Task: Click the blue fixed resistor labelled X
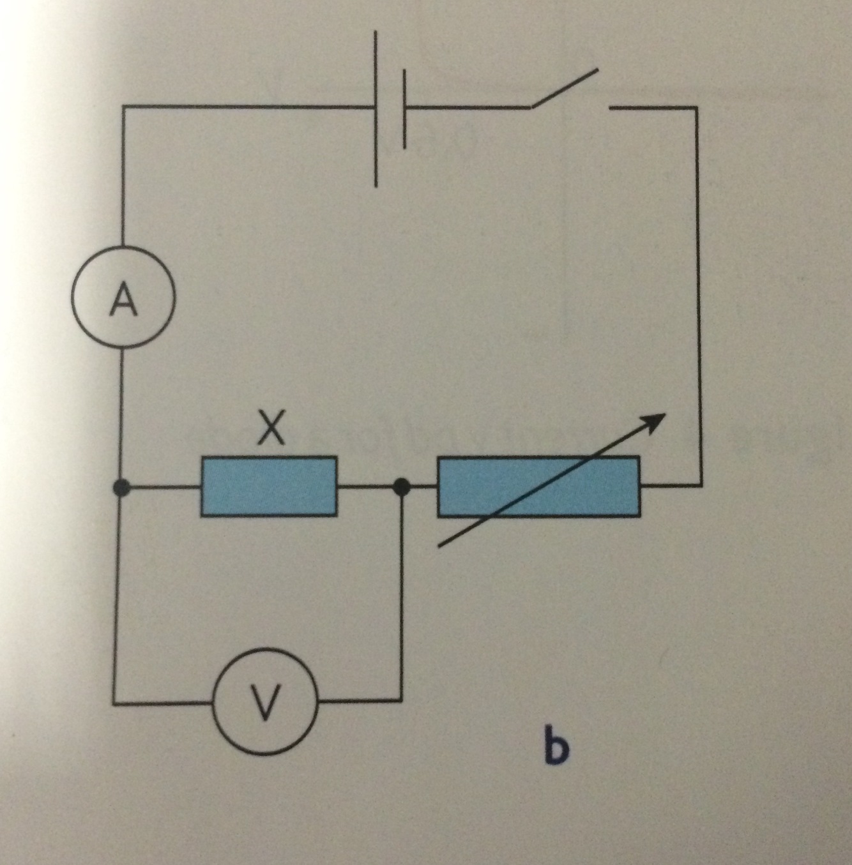tap(269, 486)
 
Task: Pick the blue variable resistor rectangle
tap(538, 486)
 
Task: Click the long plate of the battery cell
tap(376, 109)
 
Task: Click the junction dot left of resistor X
tap(119, 488)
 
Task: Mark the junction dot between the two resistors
tap(401, 487)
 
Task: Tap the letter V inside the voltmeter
tap(265, 702)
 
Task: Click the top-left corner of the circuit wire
tap(123, 107)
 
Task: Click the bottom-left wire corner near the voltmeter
tap(116, 702)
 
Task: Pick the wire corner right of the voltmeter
tap(401, 700)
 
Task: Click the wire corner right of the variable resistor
tap(701, 486)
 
